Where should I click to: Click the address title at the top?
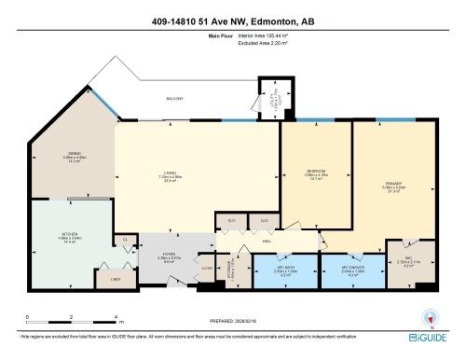coord(232,21)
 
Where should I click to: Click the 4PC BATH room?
coord(285,270)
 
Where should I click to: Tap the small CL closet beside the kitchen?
coord(124,241)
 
